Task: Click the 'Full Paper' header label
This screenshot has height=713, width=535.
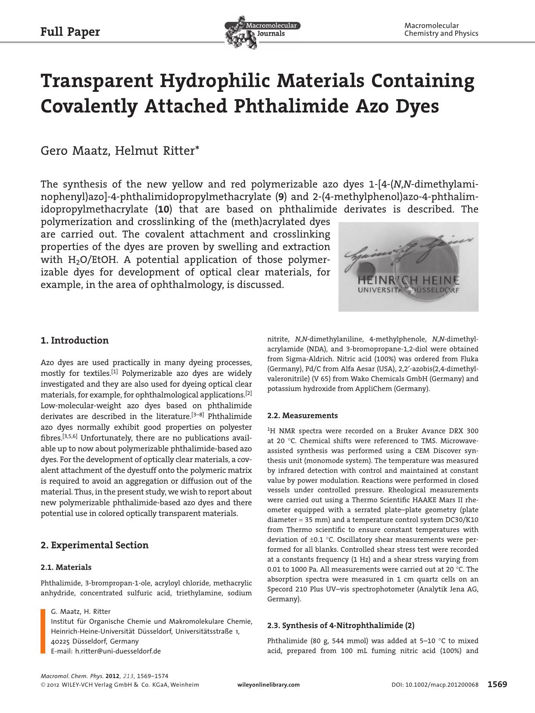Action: click(70, 32)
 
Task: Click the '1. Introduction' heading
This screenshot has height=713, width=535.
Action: click(75, 341)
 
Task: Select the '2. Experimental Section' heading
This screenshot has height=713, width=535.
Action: click(94, 545)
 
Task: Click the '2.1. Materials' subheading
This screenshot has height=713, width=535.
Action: click(66, 567)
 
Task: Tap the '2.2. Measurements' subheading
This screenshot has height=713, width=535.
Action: click(302, 416)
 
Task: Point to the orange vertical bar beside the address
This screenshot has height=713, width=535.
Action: click(43, 631)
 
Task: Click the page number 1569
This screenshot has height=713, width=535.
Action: click(497, 684)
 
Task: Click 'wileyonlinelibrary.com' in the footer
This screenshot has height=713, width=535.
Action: click(269, 685)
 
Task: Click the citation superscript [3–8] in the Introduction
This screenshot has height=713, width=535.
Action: click(197, 415)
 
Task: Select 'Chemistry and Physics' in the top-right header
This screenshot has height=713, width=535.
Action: click(441, 34)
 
